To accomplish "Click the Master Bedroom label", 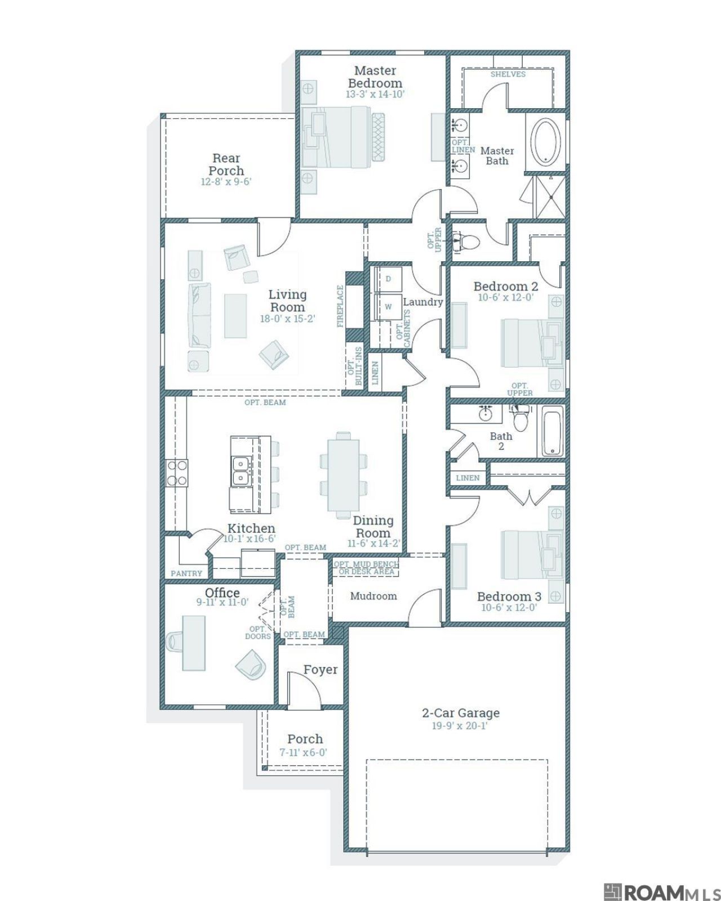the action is pos(375,77).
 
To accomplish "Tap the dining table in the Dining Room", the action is pos(343,475).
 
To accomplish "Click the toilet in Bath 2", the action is pos(519,418).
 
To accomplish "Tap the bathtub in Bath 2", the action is pos(551,431).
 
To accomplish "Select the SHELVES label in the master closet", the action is pos(508,74).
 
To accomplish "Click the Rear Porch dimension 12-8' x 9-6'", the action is pos(226,182).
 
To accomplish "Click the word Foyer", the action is pos(321,670).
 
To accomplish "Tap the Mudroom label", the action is pos(373,596).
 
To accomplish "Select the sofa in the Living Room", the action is pos(200,315).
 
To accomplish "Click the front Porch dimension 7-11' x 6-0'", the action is pos(303,752).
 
